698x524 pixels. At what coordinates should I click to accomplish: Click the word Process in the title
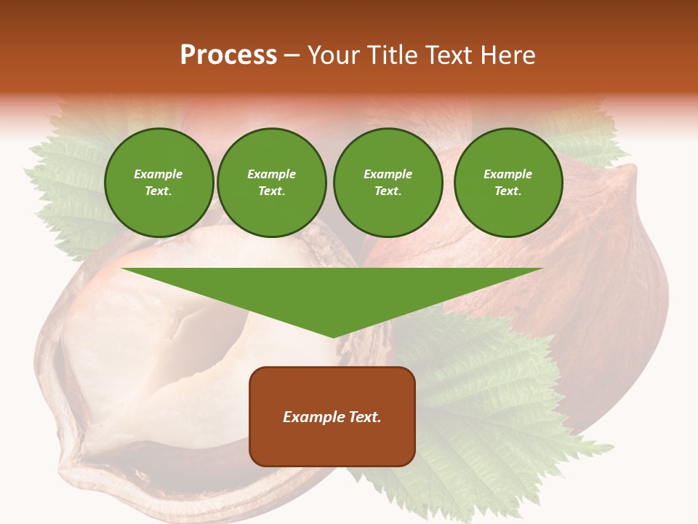pyautogui.click(x=228, y=55)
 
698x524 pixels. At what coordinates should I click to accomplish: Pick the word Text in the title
pyautogui.click(x=448, y=55)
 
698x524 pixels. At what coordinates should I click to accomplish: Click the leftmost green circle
pyautogui.click(x=159, y=183)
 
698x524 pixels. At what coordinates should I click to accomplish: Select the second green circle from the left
pyautogui.click(x=272, y=183)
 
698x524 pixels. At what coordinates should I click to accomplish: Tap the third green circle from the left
pyautogui.click(x=388, y=183)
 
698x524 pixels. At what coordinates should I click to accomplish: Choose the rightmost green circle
pyautogui.click(x=508, y=183)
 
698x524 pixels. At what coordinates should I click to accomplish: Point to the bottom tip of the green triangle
pyautogui.click(x=333, y=336)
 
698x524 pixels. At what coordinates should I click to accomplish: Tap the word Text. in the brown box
pyautogui.click(x=364, y=417)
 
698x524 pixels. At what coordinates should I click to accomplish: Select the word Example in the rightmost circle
pyautogui.click(x=508, y=174)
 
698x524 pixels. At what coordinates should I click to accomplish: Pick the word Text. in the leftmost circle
pyautogui.click(x=159, y=191)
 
